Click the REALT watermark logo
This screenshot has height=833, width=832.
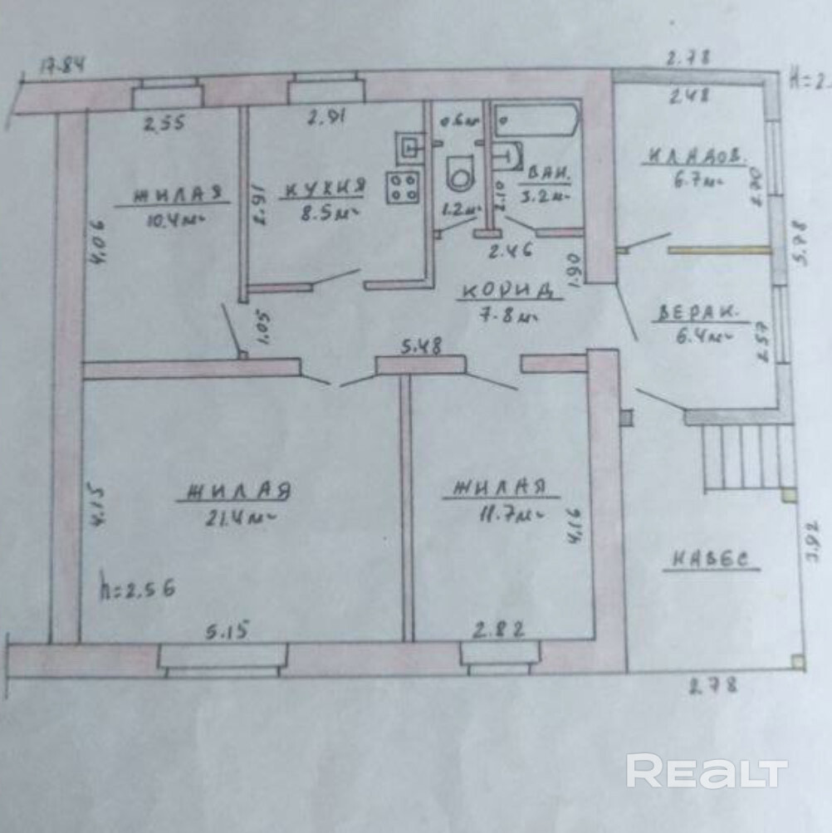706,772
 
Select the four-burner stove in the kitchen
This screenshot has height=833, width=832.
403,186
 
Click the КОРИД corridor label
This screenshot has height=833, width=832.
507,291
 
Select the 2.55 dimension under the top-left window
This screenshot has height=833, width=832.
165,125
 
